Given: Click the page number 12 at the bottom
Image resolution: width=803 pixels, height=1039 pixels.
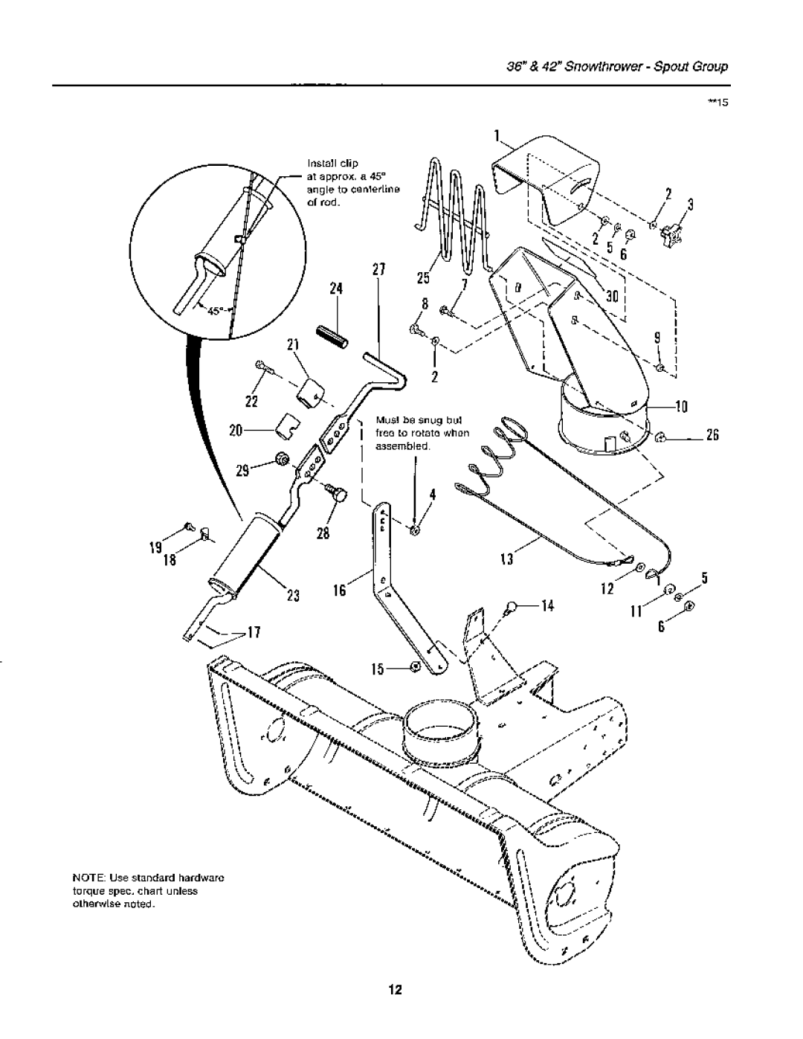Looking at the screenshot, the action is [x=396, y=989].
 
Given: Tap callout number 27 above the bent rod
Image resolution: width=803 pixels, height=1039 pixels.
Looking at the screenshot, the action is [x=378, y=270].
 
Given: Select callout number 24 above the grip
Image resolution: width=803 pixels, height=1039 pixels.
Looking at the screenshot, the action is [x=336, y=289].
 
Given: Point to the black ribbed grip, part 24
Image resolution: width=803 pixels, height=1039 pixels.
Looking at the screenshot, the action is [x=332, y=338].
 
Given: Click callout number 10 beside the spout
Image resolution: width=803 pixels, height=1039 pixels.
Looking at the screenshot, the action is [x=681, y=407].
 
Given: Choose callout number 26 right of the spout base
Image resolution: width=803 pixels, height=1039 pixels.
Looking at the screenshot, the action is [x=712, y=435].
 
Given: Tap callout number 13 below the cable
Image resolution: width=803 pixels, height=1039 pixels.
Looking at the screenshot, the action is [x=506, y=559].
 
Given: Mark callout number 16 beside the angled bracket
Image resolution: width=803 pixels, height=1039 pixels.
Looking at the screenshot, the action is [x=339, y=591].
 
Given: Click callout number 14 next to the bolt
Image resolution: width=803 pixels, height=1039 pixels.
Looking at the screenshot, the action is [x=548, y=606].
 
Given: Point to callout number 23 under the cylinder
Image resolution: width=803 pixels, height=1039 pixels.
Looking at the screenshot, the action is [x=293, y=596].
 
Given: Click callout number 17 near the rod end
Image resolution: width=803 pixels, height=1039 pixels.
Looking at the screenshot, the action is [x=254, y=633].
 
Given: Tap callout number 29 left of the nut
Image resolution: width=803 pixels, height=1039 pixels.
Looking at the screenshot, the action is [x=243, y=471].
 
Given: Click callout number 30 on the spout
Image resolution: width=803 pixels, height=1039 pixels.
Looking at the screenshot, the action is [x=613, y=297].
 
